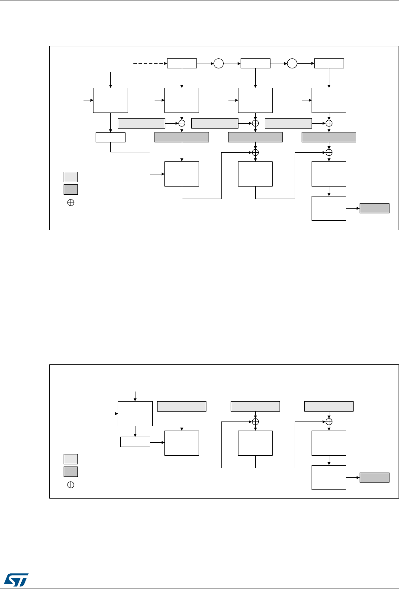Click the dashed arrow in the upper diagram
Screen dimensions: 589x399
click(x=150, y=64)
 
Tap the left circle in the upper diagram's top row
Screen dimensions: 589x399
click(x=219, y=64)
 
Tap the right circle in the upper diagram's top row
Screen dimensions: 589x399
click(x=292, y=64)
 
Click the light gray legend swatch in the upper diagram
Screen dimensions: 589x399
click(x=71, y=177)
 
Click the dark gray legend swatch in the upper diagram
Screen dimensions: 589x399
click(x=71, y=189)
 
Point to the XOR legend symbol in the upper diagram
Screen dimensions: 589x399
click(x=71, y=203)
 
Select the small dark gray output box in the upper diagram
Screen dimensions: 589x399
click(x=374, y=208)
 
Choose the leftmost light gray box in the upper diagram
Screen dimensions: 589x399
click(x=142, y=123)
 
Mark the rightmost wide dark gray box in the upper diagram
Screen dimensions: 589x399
click(x=329, y=137)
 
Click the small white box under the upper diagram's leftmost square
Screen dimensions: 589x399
click(x=110, y=137)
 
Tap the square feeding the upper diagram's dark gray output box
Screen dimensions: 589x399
click(x=329, y=208)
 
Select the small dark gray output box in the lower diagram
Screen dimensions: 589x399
click(x=374, y=477)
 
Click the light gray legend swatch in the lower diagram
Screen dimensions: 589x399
click(x=71, y=459)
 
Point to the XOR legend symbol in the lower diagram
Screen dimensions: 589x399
click(x=71, y=485)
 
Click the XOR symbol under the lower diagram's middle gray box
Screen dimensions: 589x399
click(x=255, y=422)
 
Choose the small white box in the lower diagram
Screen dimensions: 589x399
click(x=135, y=442)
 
